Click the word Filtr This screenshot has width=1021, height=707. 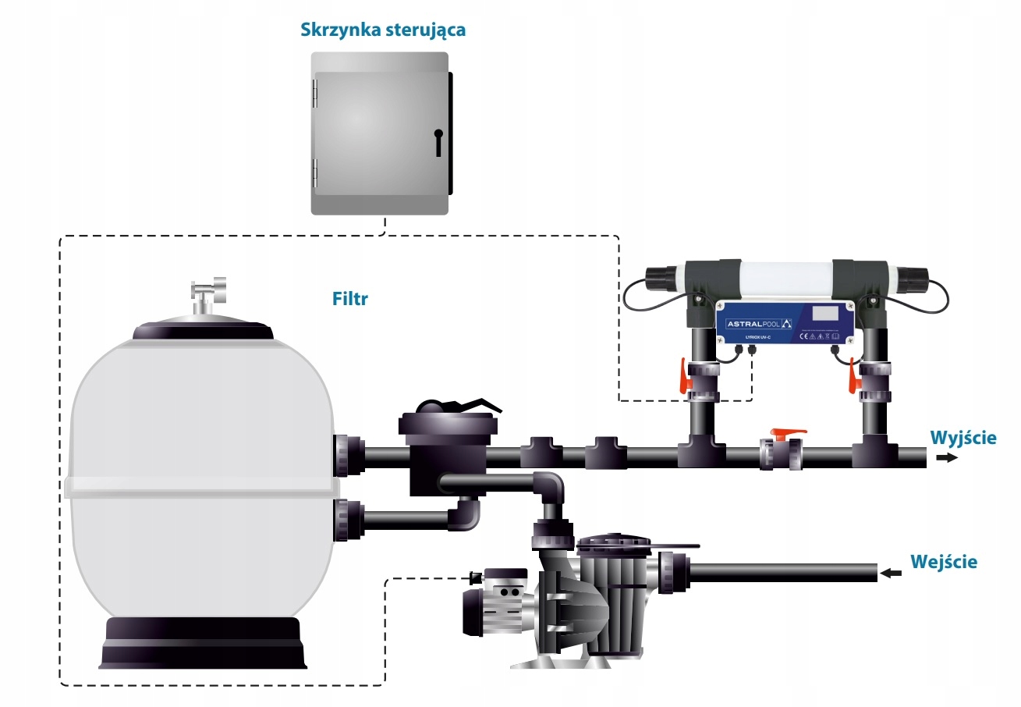[349, 299]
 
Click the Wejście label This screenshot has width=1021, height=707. [943, 561]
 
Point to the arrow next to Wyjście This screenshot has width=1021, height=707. [946, 458]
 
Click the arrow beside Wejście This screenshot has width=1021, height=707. [891, 574]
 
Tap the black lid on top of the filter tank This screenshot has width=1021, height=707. [203, 329]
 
